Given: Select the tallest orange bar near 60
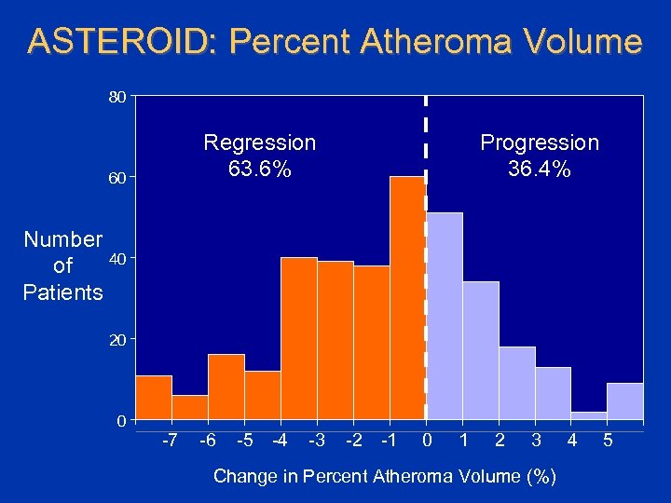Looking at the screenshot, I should pyautogui.click(x=407, y=298).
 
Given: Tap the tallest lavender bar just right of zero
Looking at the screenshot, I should pyautogui.click(x=445, y=317).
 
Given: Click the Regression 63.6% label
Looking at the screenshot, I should pyautogui.click(x=259, y=156).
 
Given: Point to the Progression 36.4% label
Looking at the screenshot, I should pyautogui.click(x=539, y=156).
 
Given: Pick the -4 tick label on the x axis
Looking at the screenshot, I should pyautogui.click(x=281, y=440).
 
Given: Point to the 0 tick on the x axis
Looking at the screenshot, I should pyautogui.click(x=426, y=440).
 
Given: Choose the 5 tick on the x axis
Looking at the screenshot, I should pyautogui.click(x=608, y=440).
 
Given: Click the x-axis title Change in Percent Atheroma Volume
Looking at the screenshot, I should pyautogui.click(x=385, y=476).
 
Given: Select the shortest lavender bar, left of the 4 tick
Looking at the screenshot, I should pyautogui.click(x=589, y=415).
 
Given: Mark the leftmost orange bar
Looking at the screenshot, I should pyautogui.click(x=154, y=399).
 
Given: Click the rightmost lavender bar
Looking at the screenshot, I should pyautogui.click(x=625, y=401).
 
